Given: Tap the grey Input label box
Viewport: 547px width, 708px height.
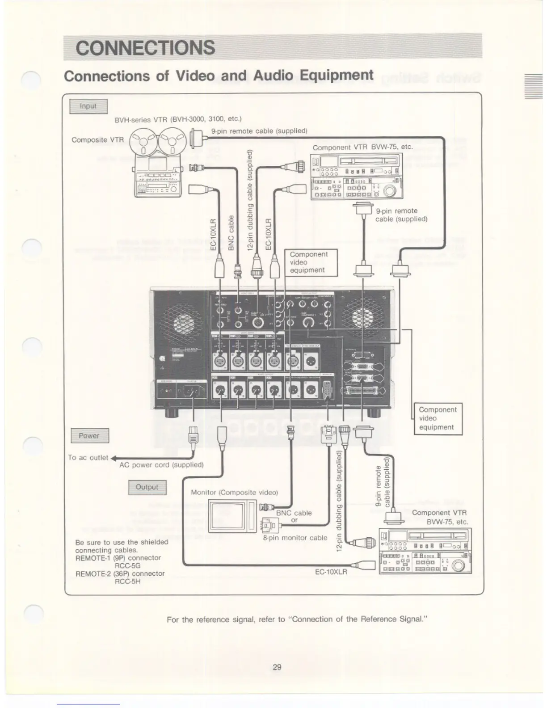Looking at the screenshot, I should (88, 106).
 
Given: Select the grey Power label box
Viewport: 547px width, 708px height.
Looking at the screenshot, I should (90, 435).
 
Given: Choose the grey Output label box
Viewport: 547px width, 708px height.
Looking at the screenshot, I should (147, 487).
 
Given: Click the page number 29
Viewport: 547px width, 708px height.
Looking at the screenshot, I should (277, 667).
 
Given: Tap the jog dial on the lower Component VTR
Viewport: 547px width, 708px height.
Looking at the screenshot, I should (458, 565).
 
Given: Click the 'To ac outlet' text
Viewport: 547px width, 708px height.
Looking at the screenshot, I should (88, 457).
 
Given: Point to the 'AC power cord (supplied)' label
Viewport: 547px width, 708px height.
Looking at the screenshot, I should (161, 465).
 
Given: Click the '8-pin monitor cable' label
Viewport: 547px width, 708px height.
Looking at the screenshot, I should (295, 538).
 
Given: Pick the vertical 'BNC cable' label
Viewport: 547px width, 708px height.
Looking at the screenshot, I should (231, 233).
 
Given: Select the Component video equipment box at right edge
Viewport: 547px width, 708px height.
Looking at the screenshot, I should (438, 418).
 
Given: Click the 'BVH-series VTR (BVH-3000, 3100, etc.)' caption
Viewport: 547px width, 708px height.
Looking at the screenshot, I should (178, 119).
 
